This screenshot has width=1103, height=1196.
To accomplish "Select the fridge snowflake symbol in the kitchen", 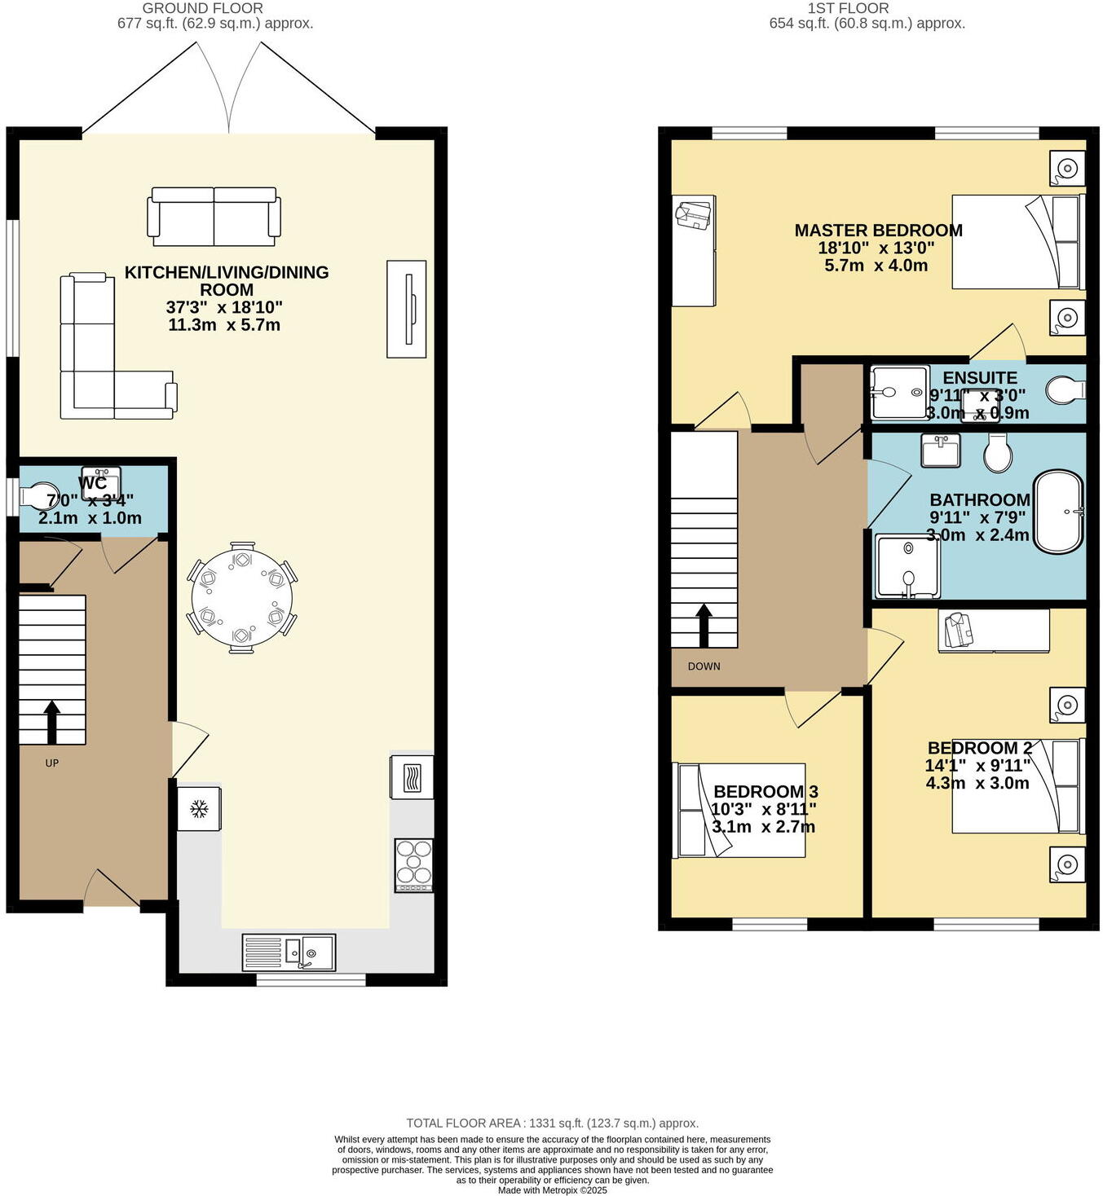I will [x=198, y=808].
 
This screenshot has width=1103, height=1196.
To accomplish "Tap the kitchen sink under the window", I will [x=289, y=952].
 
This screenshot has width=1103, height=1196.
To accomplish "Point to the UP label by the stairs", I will [x=52, y=763].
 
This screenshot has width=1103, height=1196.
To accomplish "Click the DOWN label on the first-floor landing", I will [x=704, y=666].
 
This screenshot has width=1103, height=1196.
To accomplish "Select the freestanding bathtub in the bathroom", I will [x=1059, y=512].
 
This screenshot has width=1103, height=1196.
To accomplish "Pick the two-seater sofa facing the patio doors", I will [x=214, y=216].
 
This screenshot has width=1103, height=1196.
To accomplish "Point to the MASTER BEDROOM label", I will [x=878, y=231].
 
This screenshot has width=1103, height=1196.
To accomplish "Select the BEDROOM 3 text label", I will [x=765, y=791].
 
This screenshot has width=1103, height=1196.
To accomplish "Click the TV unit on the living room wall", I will [x=406, y=309].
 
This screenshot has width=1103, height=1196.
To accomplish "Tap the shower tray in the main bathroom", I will [x=907, y=565].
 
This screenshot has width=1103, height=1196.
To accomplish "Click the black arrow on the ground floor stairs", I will [x=51, y=721].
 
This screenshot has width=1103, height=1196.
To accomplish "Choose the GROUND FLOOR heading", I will [x=202, y=8].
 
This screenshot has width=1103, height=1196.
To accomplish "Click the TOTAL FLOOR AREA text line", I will [x=552, y=1123].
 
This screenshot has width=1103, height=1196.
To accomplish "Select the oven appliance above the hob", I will [x=413, y=777].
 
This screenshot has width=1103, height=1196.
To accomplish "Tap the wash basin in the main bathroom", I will [x=941, y=450].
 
